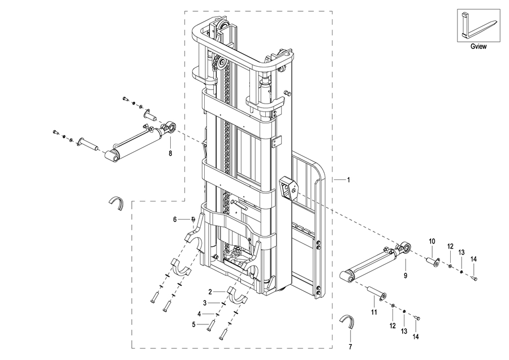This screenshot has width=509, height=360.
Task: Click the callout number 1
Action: pyautogui.click(x=348, y=179)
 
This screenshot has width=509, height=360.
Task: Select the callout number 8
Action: pyautogui.click(x=170, y=153)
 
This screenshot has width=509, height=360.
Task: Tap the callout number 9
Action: pyautogui.click(x=406, y=276)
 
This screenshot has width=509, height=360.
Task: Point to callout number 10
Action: pyautogui.click(x=432, y=241)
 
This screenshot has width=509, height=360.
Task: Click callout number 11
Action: pyautogui.click(x=374, y=312)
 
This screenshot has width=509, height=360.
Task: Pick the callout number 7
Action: pyautogui.click(x=350, y=347)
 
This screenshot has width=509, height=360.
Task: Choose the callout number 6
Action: pyautogui.click(x=175, y=220)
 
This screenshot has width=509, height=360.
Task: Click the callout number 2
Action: pyautogui.click(x=210, y=292)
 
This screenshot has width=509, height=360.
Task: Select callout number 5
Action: pyautogui.click(x=193, y=324)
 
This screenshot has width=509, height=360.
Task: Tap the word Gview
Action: pyautogui.click(x=478, y=46)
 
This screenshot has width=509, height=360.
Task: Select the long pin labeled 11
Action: pyautogui.click(x=376, y=292)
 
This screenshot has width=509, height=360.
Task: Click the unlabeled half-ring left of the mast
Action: pyautogui.click(x=116, y=203)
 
